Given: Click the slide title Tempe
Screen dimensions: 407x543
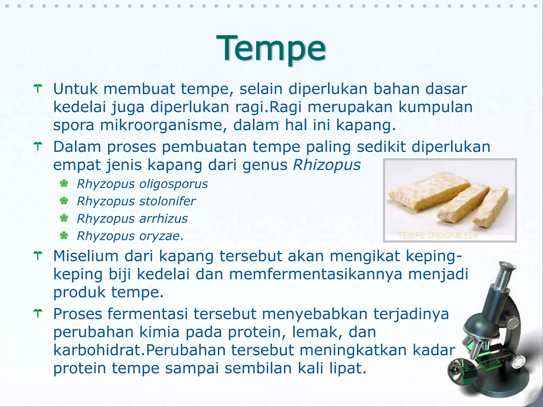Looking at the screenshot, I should (x=271, y=48).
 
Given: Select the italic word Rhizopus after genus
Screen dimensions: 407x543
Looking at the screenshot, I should (x=327, y=165).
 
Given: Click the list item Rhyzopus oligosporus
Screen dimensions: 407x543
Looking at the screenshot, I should (x=142, y=184).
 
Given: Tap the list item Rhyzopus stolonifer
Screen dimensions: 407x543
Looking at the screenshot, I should (x=136, y=201).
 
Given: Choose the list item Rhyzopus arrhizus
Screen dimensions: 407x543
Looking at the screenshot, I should (x=132, y=219).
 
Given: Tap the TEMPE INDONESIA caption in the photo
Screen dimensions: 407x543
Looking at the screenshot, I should (x=438, y=235).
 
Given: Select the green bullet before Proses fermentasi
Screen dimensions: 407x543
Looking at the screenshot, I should (x=38, y=313).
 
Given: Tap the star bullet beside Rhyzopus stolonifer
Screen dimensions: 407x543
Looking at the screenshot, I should (x=64, y=201).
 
